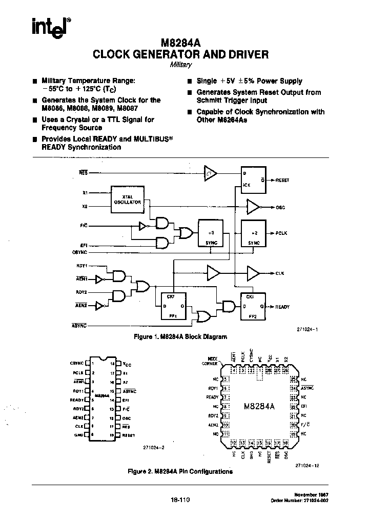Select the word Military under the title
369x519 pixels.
click(180, 65)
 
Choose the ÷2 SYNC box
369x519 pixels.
click(254, 234)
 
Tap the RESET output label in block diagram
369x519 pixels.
click(282, 181)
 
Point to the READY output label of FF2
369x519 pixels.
click(282, 307)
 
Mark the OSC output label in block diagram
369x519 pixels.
click(280, 207)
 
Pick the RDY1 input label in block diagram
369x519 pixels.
click(82, 266)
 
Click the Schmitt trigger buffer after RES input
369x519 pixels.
click(210, 173)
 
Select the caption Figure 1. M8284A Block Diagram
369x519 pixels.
click(180, 337)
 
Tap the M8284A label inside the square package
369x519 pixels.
click(259, 406)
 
